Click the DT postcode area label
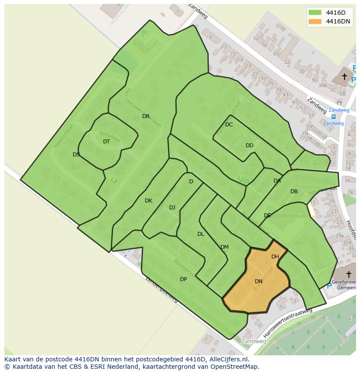click(x=107, y=142)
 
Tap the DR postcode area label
click(x=146, y=116)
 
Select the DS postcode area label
click(x=76, y=155)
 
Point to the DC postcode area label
click(x=229, y=125)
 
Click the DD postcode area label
click(x=250, y=146)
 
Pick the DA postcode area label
click(x=277, y=181)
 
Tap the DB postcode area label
click(x=294, y=192)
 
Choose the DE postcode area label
click(x=267, y=215)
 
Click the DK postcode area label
click(x=149, y=201)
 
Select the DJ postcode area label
click(x=172, y=208)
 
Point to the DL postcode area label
click(x=200, y=234)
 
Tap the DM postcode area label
click(x=224, y=247)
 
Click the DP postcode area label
click(x=183, y=279)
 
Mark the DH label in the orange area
click(x=275, y=257)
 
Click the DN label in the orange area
click(x=259, y=281)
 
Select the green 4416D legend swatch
click(x=315, y=13)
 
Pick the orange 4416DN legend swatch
click(x=315, y=21)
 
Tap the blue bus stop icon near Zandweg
click(x=333, y=116)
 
